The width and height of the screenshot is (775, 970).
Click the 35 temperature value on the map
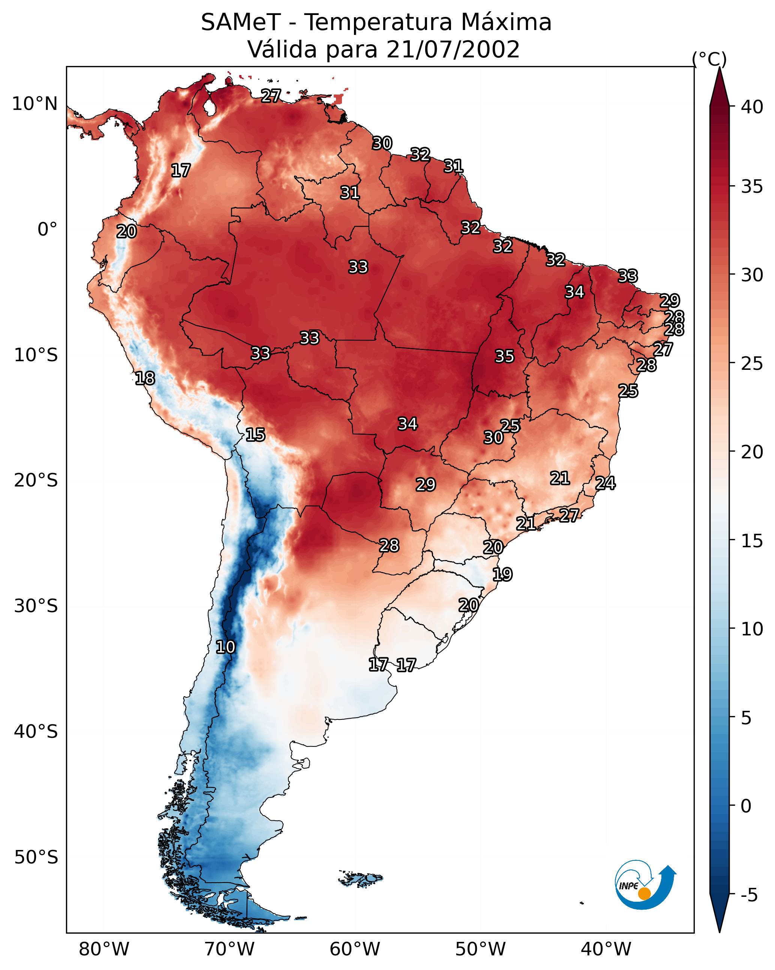(504, 356)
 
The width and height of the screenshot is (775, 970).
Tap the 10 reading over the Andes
(225, 647)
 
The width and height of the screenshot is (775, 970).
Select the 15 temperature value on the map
(255, 435)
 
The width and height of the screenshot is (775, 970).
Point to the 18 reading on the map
(145, 378)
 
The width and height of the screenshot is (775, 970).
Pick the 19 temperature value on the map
(502, 575)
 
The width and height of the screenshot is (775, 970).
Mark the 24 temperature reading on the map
(605, 483)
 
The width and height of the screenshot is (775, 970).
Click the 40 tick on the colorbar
(752, 107)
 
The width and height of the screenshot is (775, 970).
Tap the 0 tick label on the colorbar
(746, 806)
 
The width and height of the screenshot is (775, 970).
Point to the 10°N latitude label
(34, 104)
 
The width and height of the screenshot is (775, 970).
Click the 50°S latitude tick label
(36, 857)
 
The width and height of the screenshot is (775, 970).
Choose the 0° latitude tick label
(47, 230)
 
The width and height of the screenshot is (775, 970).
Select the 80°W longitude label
(104, 949)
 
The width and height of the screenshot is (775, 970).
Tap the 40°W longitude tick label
(606, 949)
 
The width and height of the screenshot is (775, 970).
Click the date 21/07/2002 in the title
(453, 50)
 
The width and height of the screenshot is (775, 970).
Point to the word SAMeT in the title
(241, 23)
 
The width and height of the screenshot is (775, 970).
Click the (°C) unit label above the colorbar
(709, 59)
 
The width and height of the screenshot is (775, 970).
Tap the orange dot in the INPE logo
(644, 893)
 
